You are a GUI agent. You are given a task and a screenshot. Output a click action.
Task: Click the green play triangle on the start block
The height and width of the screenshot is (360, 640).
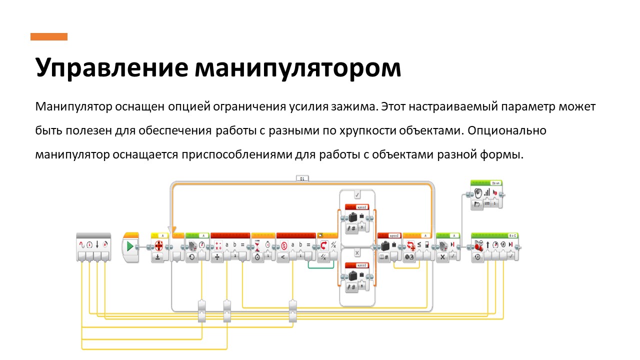[130, 246]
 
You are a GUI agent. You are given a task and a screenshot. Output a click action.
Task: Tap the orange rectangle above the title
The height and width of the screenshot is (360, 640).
[48, 36]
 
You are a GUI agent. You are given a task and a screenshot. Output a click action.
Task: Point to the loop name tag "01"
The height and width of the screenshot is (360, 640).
[302, 177]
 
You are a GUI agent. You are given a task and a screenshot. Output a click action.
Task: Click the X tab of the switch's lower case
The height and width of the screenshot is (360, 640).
[357, 253]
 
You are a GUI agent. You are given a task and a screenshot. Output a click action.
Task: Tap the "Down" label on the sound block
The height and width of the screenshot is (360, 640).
[495, 183]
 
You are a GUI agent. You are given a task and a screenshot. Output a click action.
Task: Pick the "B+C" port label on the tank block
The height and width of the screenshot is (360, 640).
[512, 234]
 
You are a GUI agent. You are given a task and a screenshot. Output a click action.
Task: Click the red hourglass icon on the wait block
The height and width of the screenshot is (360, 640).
[257, 245]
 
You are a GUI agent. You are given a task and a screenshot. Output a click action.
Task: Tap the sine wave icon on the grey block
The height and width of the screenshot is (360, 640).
[81, 244]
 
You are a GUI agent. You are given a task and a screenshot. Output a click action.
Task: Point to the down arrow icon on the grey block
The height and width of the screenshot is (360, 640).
[97, 244]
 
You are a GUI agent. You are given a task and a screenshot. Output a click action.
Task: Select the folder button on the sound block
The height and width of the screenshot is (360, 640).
[476, 205]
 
